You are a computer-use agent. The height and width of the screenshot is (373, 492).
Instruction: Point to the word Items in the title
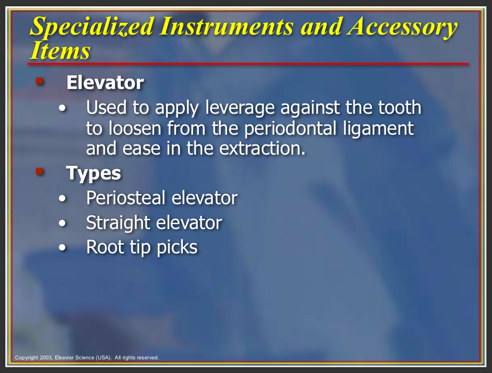coord(60,51)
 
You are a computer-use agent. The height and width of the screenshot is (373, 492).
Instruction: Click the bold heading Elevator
coord(105,83)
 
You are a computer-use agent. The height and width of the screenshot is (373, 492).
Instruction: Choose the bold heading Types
coord(93,173)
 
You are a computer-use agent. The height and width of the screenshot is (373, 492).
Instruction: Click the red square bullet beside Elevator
coord(39,81)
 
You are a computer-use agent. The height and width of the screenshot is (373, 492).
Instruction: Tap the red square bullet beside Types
coord(39,172)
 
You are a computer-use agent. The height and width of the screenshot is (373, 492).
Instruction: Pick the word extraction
coord(262,149)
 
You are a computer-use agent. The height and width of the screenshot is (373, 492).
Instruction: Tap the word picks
coord(177,248)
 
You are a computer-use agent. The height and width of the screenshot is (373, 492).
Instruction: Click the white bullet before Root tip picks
coord(62,248)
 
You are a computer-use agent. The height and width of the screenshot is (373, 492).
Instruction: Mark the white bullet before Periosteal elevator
coord(62,198)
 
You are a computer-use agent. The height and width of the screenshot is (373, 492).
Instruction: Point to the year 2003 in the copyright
coord(46,357)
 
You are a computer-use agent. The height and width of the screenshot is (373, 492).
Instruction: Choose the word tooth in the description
coord(400,107)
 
